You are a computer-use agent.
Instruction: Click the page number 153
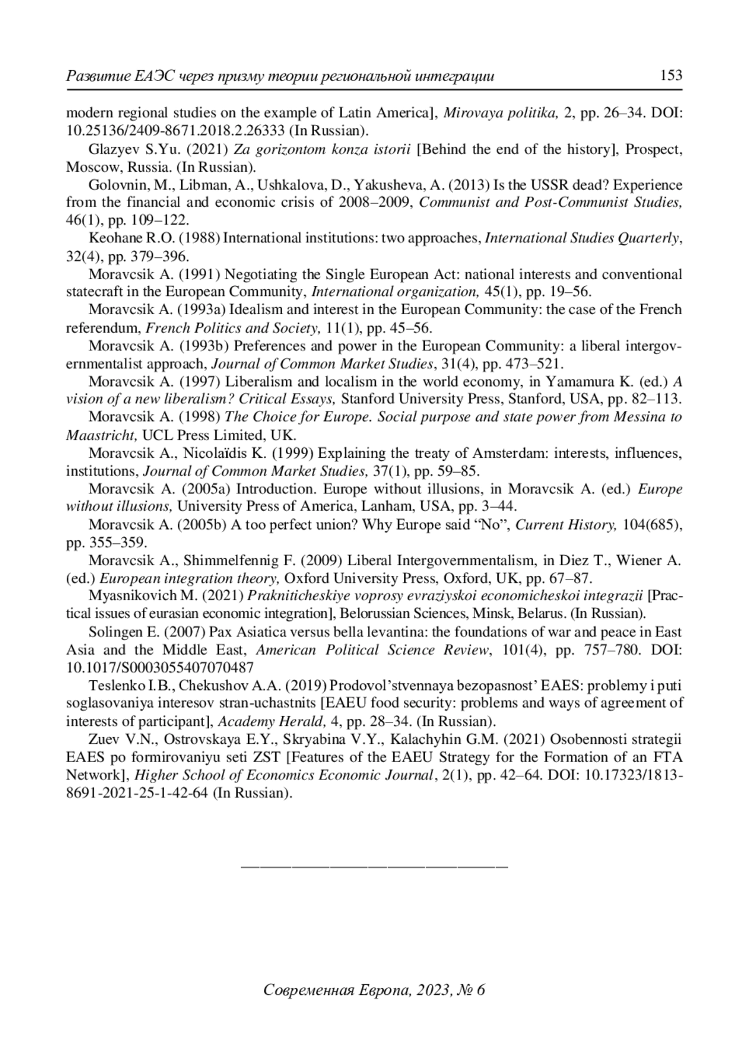click(670, 76)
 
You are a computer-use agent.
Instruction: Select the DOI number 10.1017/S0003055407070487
click(160, 667)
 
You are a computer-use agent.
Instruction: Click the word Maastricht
click(101, 435)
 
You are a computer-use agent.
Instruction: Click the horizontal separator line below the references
click(374, 866)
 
